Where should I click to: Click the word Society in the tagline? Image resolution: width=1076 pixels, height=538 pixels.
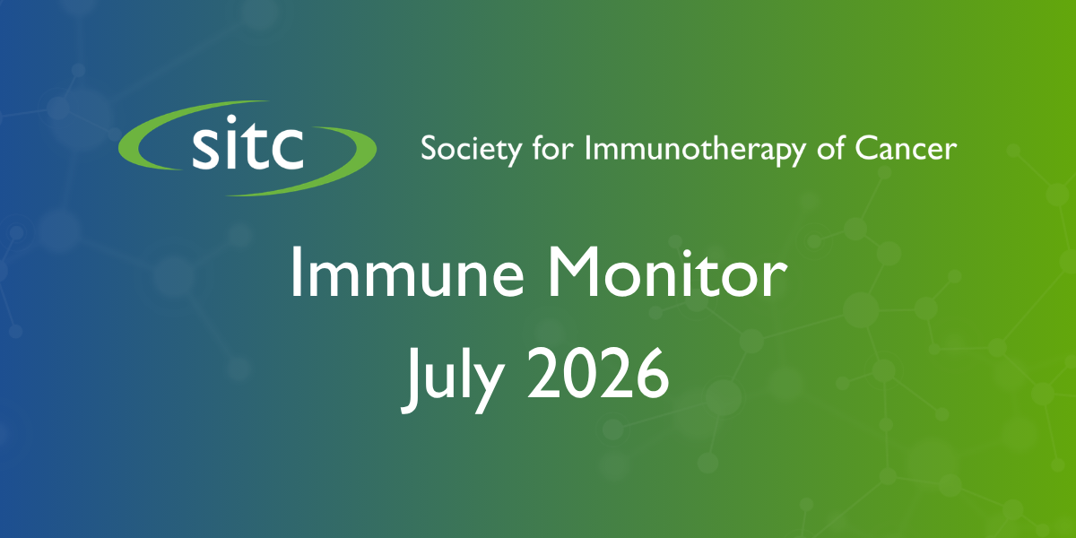471,150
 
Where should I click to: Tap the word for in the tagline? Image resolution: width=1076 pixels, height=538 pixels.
553,147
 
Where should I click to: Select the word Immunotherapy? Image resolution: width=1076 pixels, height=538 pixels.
695,150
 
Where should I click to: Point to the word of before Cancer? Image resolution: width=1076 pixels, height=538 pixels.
830,147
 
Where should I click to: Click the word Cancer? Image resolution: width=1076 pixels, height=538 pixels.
906,149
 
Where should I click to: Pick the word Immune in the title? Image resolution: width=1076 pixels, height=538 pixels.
407,273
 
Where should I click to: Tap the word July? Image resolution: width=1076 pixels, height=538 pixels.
453,379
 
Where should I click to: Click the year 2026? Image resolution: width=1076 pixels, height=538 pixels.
599,374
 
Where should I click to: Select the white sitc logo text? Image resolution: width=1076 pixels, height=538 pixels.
247,143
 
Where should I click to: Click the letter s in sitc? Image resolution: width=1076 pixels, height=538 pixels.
207,149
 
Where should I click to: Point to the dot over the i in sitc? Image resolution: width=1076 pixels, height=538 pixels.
232,119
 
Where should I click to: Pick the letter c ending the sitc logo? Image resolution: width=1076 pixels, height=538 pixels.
285,149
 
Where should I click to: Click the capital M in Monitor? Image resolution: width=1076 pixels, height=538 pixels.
573,273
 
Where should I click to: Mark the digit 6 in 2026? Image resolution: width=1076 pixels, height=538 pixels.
651,374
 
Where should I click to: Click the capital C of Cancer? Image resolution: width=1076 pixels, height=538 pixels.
867,149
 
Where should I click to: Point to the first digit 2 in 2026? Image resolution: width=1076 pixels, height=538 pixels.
544,373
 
